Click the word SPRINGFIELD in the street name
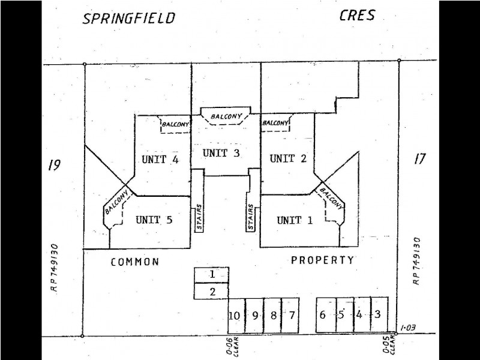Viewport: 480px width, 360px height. [129, 19]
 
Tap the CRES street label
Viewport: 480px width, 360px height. [357, 16]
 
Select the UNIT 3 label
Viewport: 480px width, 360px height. [221, 153]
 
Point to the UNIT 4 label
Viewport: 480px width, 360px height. [160, 159]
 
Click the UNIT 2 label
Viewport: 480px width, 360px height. [288, 158]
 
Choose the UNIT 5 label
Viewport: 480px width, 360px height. [154, 220]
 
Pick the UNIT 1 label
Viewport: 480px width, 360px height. [295, 220]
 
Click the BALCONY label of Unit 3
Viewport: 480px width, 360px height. [226, 116]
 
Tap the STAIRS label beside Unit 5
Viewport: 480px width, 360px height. [199, 217]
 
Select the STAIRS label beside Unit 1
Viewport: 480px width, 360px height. [251, 217]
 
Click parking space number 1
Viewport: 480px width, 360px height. [212, 275]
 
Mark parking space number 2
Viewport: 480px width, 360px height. [212, 291]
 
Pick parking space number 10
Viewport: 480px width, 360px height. [236, 316]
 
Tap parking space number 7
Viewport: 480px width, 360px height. [290, 315]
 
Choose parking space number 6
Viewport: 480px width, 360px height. [326, 314]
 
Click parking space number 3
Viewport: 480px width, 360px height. [380, 314]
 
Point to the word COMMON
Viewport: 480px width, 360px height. [134, 262]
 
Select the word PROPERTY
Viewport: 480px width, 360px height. [322, 260]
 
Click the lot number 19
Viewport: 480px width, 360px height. [54, 166]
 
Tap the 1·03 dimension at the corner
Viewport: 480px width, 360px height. [407, 328]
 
